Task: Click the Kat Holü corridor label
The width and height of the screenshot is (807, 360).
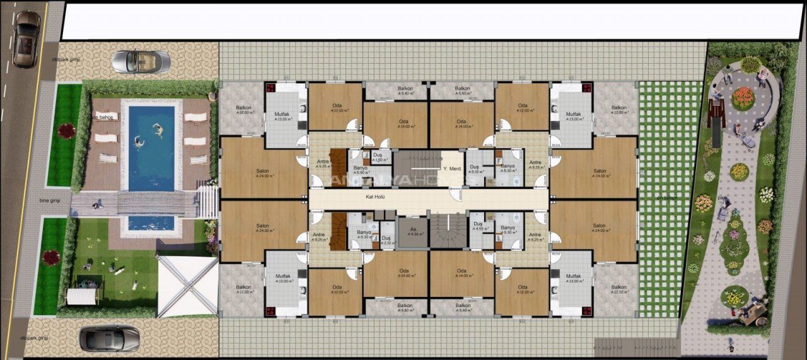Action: coord(375,196)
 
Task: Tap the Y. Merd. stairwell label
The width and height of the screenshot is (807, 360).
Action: coord(453,168)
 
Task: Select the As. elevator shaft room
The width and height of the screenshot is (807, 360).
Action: coord(413,231)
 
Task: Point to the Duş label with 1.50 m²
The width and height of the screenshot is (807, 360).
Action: coord(377,158)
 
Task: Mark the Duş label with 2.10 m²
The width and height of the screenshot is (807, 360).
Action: coord(385,240)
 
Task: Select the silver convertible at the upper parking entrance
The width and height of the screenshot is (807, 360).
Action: coord(141,61)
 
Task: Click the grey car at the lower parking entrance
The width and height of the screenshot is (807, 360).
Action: coord(109,338)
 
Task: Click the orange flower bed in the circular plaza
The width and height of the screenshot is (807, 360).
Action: coord(743,98)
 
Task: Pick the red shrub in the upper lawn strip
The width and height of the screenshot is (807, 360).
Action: coord(66,131)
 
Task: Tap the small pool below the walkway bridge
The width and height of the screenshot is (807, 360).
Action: coord(151,223)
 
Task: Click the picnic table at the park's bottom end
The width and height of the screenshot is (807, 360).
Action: coord(753,311)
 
